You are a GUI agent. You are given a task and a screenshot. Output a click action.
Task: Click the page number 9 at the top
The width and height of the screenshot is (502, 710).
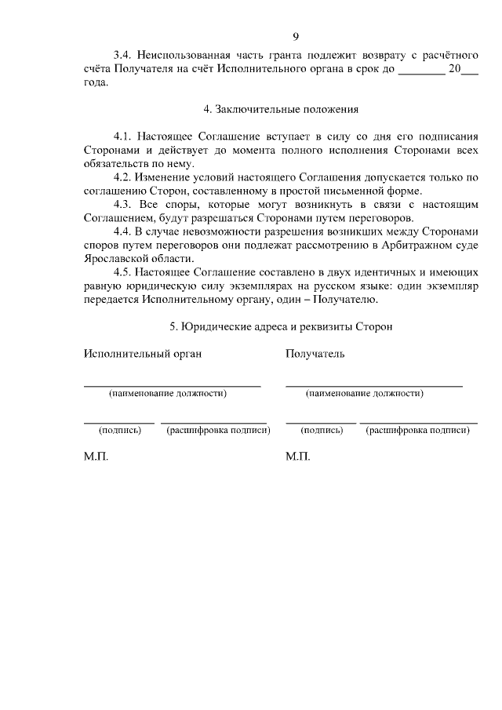296,36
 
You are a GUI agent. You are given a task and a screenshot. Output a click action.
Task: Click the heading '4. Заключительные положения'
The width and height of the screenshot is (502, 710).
281,109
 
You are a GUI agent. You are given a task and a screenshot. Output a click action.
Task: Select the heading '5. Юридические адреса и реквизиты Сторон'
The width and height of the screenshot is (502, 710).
281,326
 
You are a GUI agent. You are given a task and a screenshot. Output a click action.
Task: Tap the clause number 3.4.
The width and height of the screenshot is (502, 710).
123,55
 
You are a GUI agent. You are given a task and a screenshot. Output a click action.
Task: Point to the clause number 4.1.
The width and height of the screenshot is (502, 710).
123,136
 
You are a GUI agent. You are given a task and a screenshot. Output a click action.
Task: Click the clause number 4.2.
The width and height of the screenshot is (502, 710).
123,178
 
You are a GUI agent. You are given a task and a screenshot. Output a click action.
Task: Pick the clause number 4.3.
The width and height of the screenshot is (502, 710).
123,205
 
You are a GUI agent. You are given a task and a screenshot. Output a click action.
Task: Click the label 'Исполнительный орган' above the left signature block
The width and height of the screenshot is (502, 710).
143,354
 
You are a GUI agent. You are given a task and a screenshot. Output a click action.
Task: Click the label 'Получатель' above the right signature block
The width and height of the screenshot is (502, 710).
315,354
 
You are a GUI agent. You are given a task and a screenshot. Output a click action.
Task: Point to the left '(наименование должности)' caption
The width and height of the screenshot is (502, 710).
168,393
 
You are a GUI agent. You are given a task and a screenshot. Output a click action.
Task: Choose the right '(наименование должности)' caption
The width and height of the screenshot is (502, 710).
365,393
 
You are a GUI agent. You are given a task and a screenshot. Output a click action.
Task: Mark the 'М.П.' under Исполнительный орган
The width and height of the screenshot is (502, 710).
96,457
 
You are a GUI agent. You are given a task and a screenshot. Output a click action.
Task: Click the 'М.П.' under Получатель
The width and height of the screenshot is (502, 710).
298,457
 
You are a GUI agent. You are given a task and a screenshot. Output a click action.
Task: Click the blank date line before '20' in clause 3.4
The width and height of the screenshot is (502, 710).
420,72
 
